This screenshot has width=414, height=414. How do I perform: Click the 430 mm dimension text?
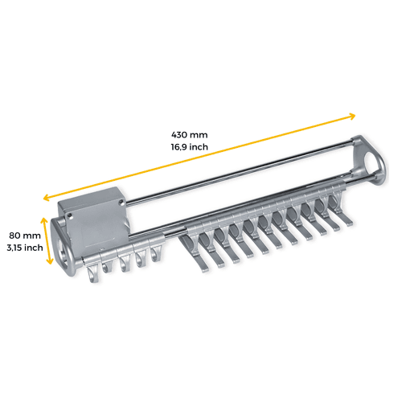tap(190, 134)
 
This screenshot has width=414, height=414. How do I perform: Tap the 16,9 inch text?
tap(190, 147)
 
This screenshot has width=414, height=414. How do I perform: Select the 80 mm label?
tap(25, 236)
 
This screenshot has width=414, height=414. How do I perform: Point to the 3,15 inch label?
tap(25, 248)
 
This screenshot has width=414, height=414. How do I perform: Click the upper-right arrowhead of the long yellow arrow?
tap(353, 116)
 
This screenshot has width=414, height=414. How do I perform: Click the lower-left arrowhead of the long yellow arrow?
tap(46, 198)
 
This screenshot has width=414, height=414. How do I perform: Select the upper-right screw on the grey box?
tap(121, 202)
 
